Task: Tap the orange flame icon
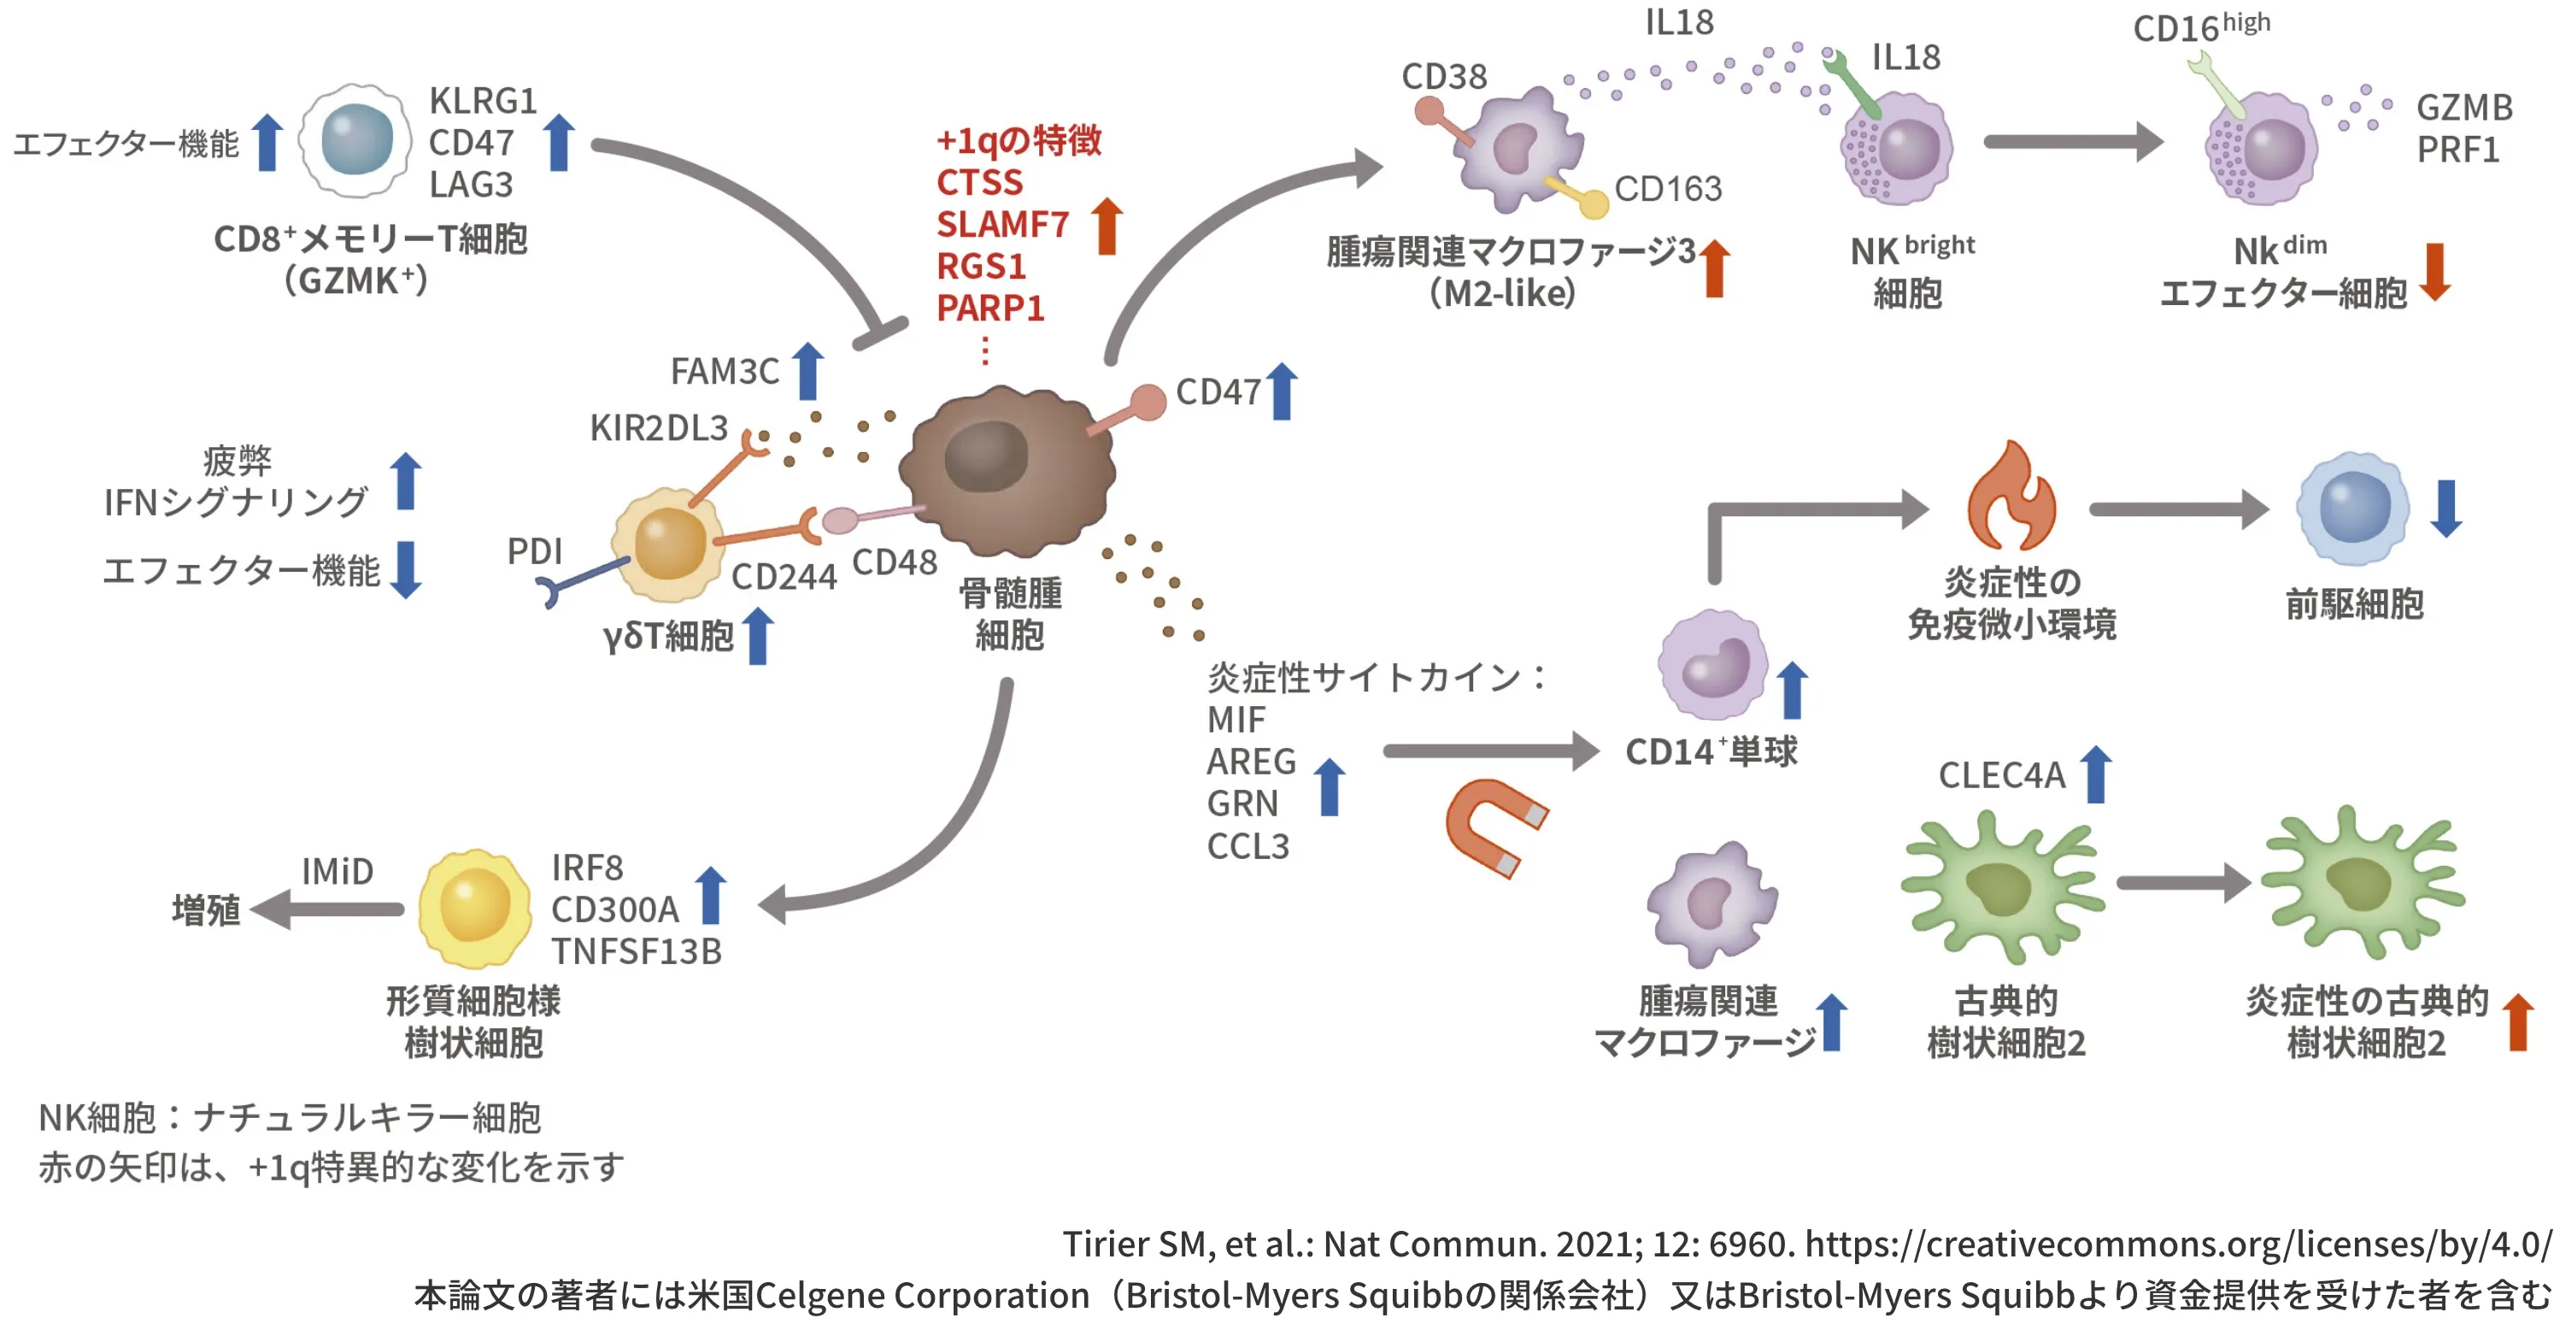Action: pyautogui.click(x=2011, y=500)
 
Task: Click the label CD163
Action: pyautogui.click(x=1668, y=188)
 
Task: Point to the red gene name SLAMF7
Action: pyautogui.click(x=1002, y=224)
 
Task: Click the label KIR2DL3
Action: pyautogui.click(x=658, y=427)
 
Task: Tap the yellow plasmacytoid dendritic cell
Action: pyautogui.click(x=474, y=906)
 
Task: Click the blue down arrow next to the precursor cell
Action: pyautogui.click(x=2446, y=508)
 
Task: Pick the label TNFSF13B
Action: pyautogui.click(x=637, y=951)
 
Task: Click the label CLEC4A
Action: pyautogui.click(x=2001, y=774)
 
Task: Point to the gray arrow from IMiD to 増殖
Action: pyautogui.click(x=327, y=909)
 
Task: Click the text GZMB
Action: pyautogui.click(x=2463, y=107)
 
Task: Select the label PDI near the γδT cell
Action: pyautogui.click(x=534, y=550)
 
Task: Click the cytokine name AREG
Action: pyautogui.click(x=1251, y=761)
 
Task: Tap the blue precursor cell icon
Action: pyautogui.click(x=2352, y=508)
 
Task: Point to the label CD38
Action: pyautogui.click(x=1443, y=76)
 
